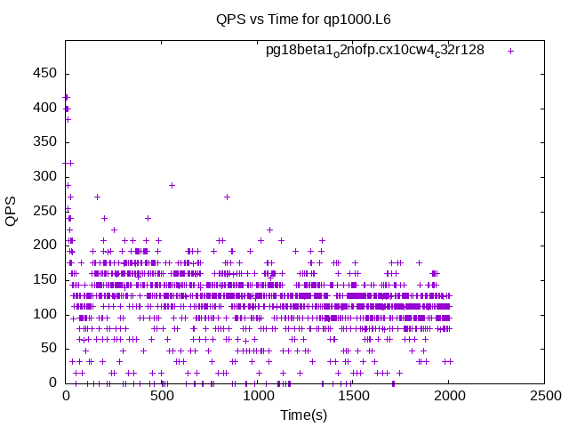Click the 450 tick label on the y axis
[44, 73]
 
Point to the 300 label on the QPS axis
[44, 176]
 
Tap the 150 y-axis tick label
[44, 279]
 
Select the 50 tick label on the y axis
[49, 348]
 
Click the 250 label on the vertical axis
[44, 211]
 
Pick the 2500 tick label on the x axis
[545, 396]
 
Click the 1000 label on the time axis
[258, 396]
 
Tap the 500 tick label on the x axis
[162, 396]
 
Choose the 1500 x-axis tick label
[354, 396]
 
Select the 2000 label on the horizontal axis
[450, 396]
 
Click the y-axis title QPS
[11, 212]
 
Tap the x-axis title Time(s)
[304, 415]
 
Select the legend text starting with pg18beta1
[375, 50]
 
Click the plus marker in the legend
[510, 52]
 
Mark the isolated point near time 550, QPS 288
[172, 186]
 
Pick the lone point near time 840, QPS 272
[228, 197]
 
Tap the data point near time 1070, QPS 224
[269, 230]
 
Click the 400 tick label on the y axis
[44, 108]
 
